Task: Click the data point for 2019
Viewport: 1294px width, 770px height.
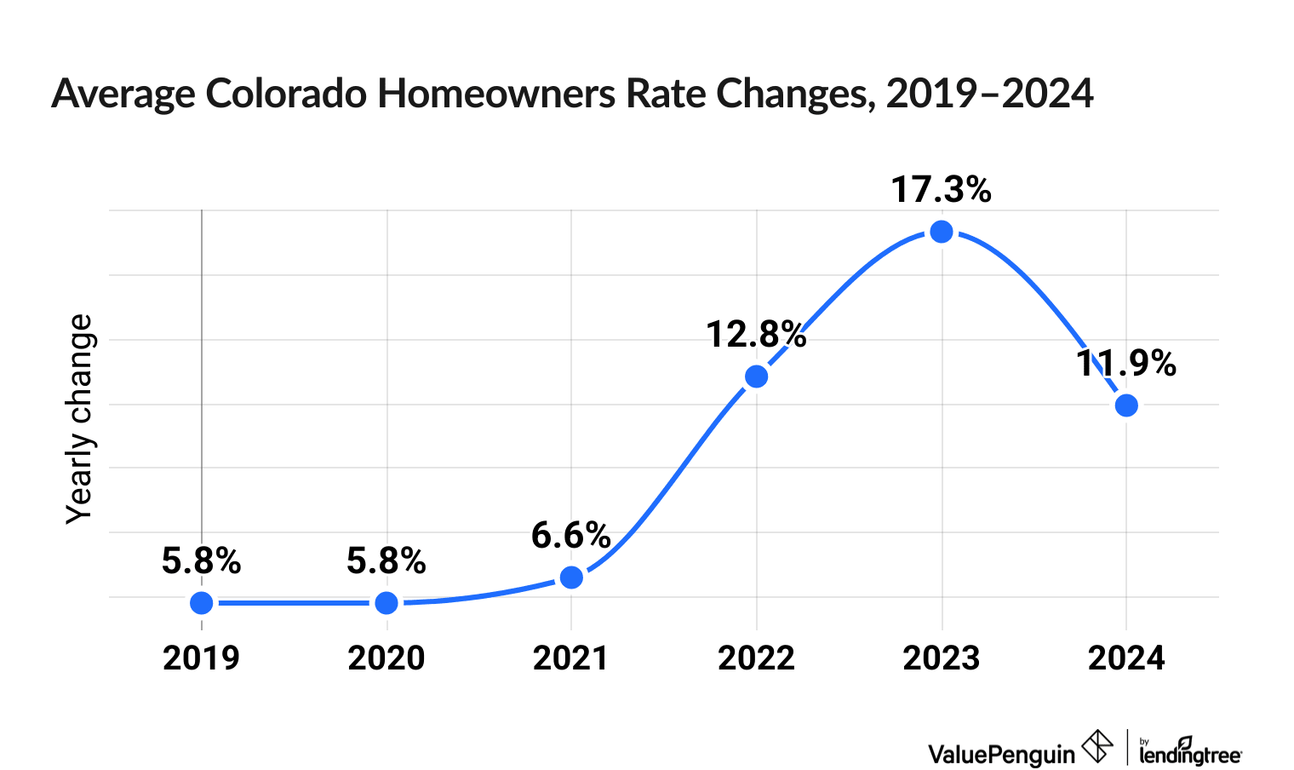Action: pos(202,603)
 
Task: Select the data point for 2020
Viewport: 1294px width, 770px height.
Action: pos(386,603)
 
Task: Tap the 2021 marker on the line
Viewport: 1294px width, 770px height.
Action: pos(571,577)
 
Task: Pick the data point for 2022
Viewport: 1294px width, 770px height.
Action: pos(756,376)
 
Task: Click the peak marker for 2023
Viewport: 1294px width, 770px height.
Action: pos(941,231)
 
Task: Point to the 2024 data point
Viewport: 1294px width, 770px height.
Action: pos(1126,405)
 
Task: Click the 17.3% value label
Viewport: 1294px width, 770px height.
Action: pos(941,190)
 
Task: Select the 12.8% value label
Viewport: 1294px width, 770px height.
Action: pos(756,335)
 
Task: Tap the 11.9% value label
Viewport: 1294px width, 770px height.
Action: pos(1126,364)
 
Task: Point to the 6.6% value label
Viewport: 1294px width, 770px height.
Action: pos(571,536)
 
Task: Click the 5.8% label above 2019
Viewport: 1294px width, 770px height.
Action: pos(202,561)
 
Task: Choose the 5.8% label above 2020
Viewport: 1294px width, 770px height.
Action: pos(386,561)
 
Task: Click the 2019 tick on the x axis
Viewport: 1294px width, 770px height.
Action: pos(202,658)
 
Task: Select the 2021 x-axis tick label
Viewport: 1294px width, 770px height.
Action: pos(571,658)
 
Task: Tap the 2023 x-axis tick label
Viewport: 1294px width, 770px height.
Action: pos(941,658)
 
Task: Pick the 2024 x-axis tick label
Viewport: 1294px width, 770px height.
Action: pos(1126,658)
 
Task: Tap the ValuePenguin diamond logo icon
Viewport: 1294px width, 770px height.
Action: pos(1096,747)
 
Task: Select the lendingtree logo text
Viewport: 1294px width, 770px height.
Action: pos(1190,754)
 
